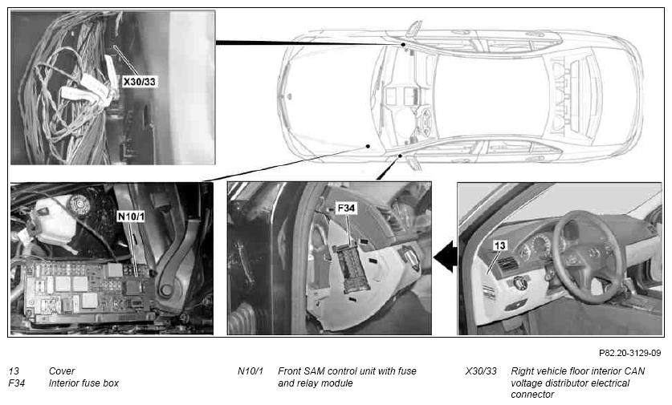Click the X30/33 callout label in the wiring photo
click(139, 81)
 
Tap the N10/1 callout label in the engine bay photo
click(131, 217)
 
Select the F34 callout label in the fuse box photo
click(346, 209)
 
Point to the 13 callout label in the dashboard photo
click(499, 245)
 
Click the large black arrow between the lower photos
click(446, 257)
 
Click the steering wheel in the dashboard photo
click(587, 256)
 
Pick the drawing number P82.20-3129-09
click(630, 353)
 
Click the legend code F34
click(17, 383)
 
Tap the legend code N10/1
click(250, 371)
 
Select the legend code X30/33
click(481, 371)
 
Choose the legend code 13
click(14, 371)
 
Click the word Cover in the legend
click(62, 371)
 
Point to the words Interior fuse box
click(83, 383)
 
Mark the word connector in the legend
click(532, 395)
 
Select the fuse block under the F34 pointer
click(352, 269)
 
